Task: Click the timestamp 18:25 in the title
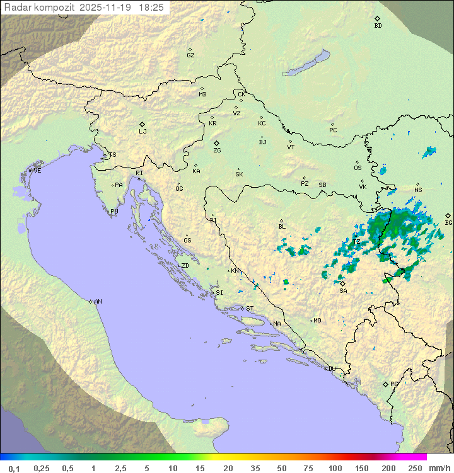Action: [151, 8]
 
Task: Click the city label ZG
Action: [217, 151]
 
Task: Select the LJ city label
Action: [143, 132]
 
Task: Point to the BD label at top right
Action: [378, 26]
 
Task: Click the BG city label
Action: [448, 223]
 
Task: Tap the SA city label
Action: [343, 291]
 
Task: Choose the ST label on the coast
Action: [250, 309]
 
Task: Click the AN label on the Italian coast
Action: [98, 302]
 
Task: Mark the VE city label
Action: [37, 171]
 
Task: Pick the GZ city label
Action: [190, 55]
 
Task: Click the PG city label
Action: [394, 384]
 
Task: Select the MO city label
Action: [317, 321]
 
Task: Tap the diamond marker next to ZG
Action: [216, 143]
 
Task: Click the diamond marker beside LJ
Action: [143, 124]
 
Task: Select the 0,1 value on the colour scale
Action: [14, 468]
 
